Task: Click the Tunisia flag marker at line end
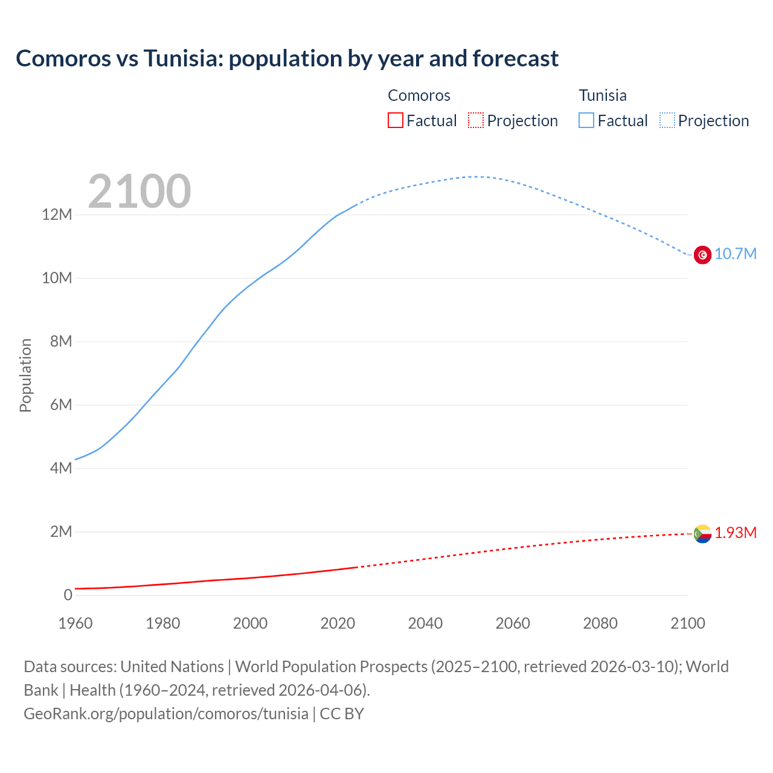click(x=702, y=255)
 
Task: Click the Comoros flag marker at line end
click(x=702, y=534)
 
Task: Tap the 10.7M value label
click(x=735, y=254)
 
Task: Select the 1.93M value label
click(x=735, y=533)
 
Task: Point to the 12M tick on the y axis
click(x=57, y=215)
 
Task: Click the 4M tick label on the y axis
click(x=60, y=469)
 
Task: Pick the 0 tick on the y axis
click(x=68, y=595)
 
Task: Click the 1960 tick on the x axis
click(x=75, y=623)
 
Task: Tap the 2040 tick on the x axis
click(x=425, y=623)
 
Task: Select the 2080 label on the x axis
click(x=600, y=623)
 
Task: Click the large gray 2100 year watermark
click(x=140, y=191)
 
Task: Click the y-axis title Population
click(x=25, y=376)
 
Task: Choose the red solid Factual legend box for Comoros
click(x=396, y=121)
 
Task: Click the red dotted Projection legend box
click(x=476, y=121)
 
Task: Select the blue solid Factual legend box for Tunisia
click(x=586, y=121)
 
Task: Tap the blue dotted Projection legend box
click(x=667, y=121)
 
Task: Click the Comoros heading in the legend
click(x=419, y=95)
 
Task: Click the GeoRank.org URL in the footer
click(x=166, y=714)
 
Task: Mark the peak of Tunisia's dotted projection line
click(x=475, y=177)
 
